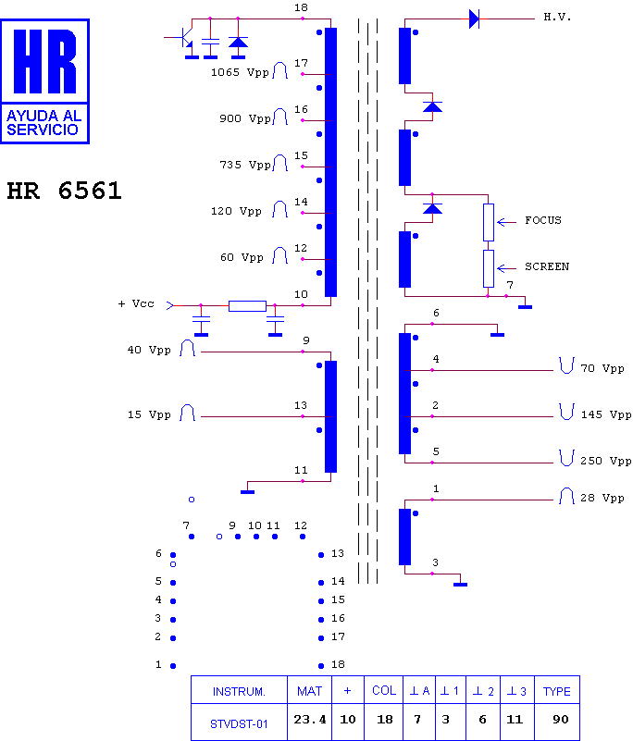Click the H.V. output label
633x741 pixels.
[x=557, y=18]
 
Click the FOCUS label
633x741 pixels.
[x=543, y=220]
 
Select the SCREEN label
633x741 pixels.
[x=547, y=266]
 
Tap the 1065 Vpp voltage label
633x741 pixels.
[x=240, y=72]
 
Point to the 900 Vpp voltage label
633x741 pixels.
[x=244, y=118]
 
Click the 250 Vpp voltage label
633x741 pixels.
[x=605, y=461]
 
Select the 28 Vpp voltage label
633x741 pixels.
[x=602, y=498]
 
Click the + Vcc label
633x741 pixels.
[x=136, y=303]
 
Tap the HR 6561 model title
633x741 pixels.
[x=64, y=191]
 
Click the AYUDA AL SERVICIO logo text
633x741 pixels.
[x=43, y=123]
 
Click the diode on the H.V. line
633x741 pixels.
[x=474, y=19]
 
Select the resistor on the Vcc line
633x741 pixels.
[x=247, y=306]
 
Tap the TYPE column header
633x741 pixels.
[x=557, y=691]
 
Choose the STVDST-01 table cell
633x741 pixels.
[x=239, y=722]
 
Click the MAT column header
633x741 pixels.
[x=309, y=691]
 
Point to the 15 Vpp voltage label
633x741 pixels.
[x=149, y=414]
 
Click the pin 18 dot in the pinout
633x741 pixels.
[x=321, y=666]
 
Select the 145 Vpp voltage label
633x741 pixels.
[x=605, y=414]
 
